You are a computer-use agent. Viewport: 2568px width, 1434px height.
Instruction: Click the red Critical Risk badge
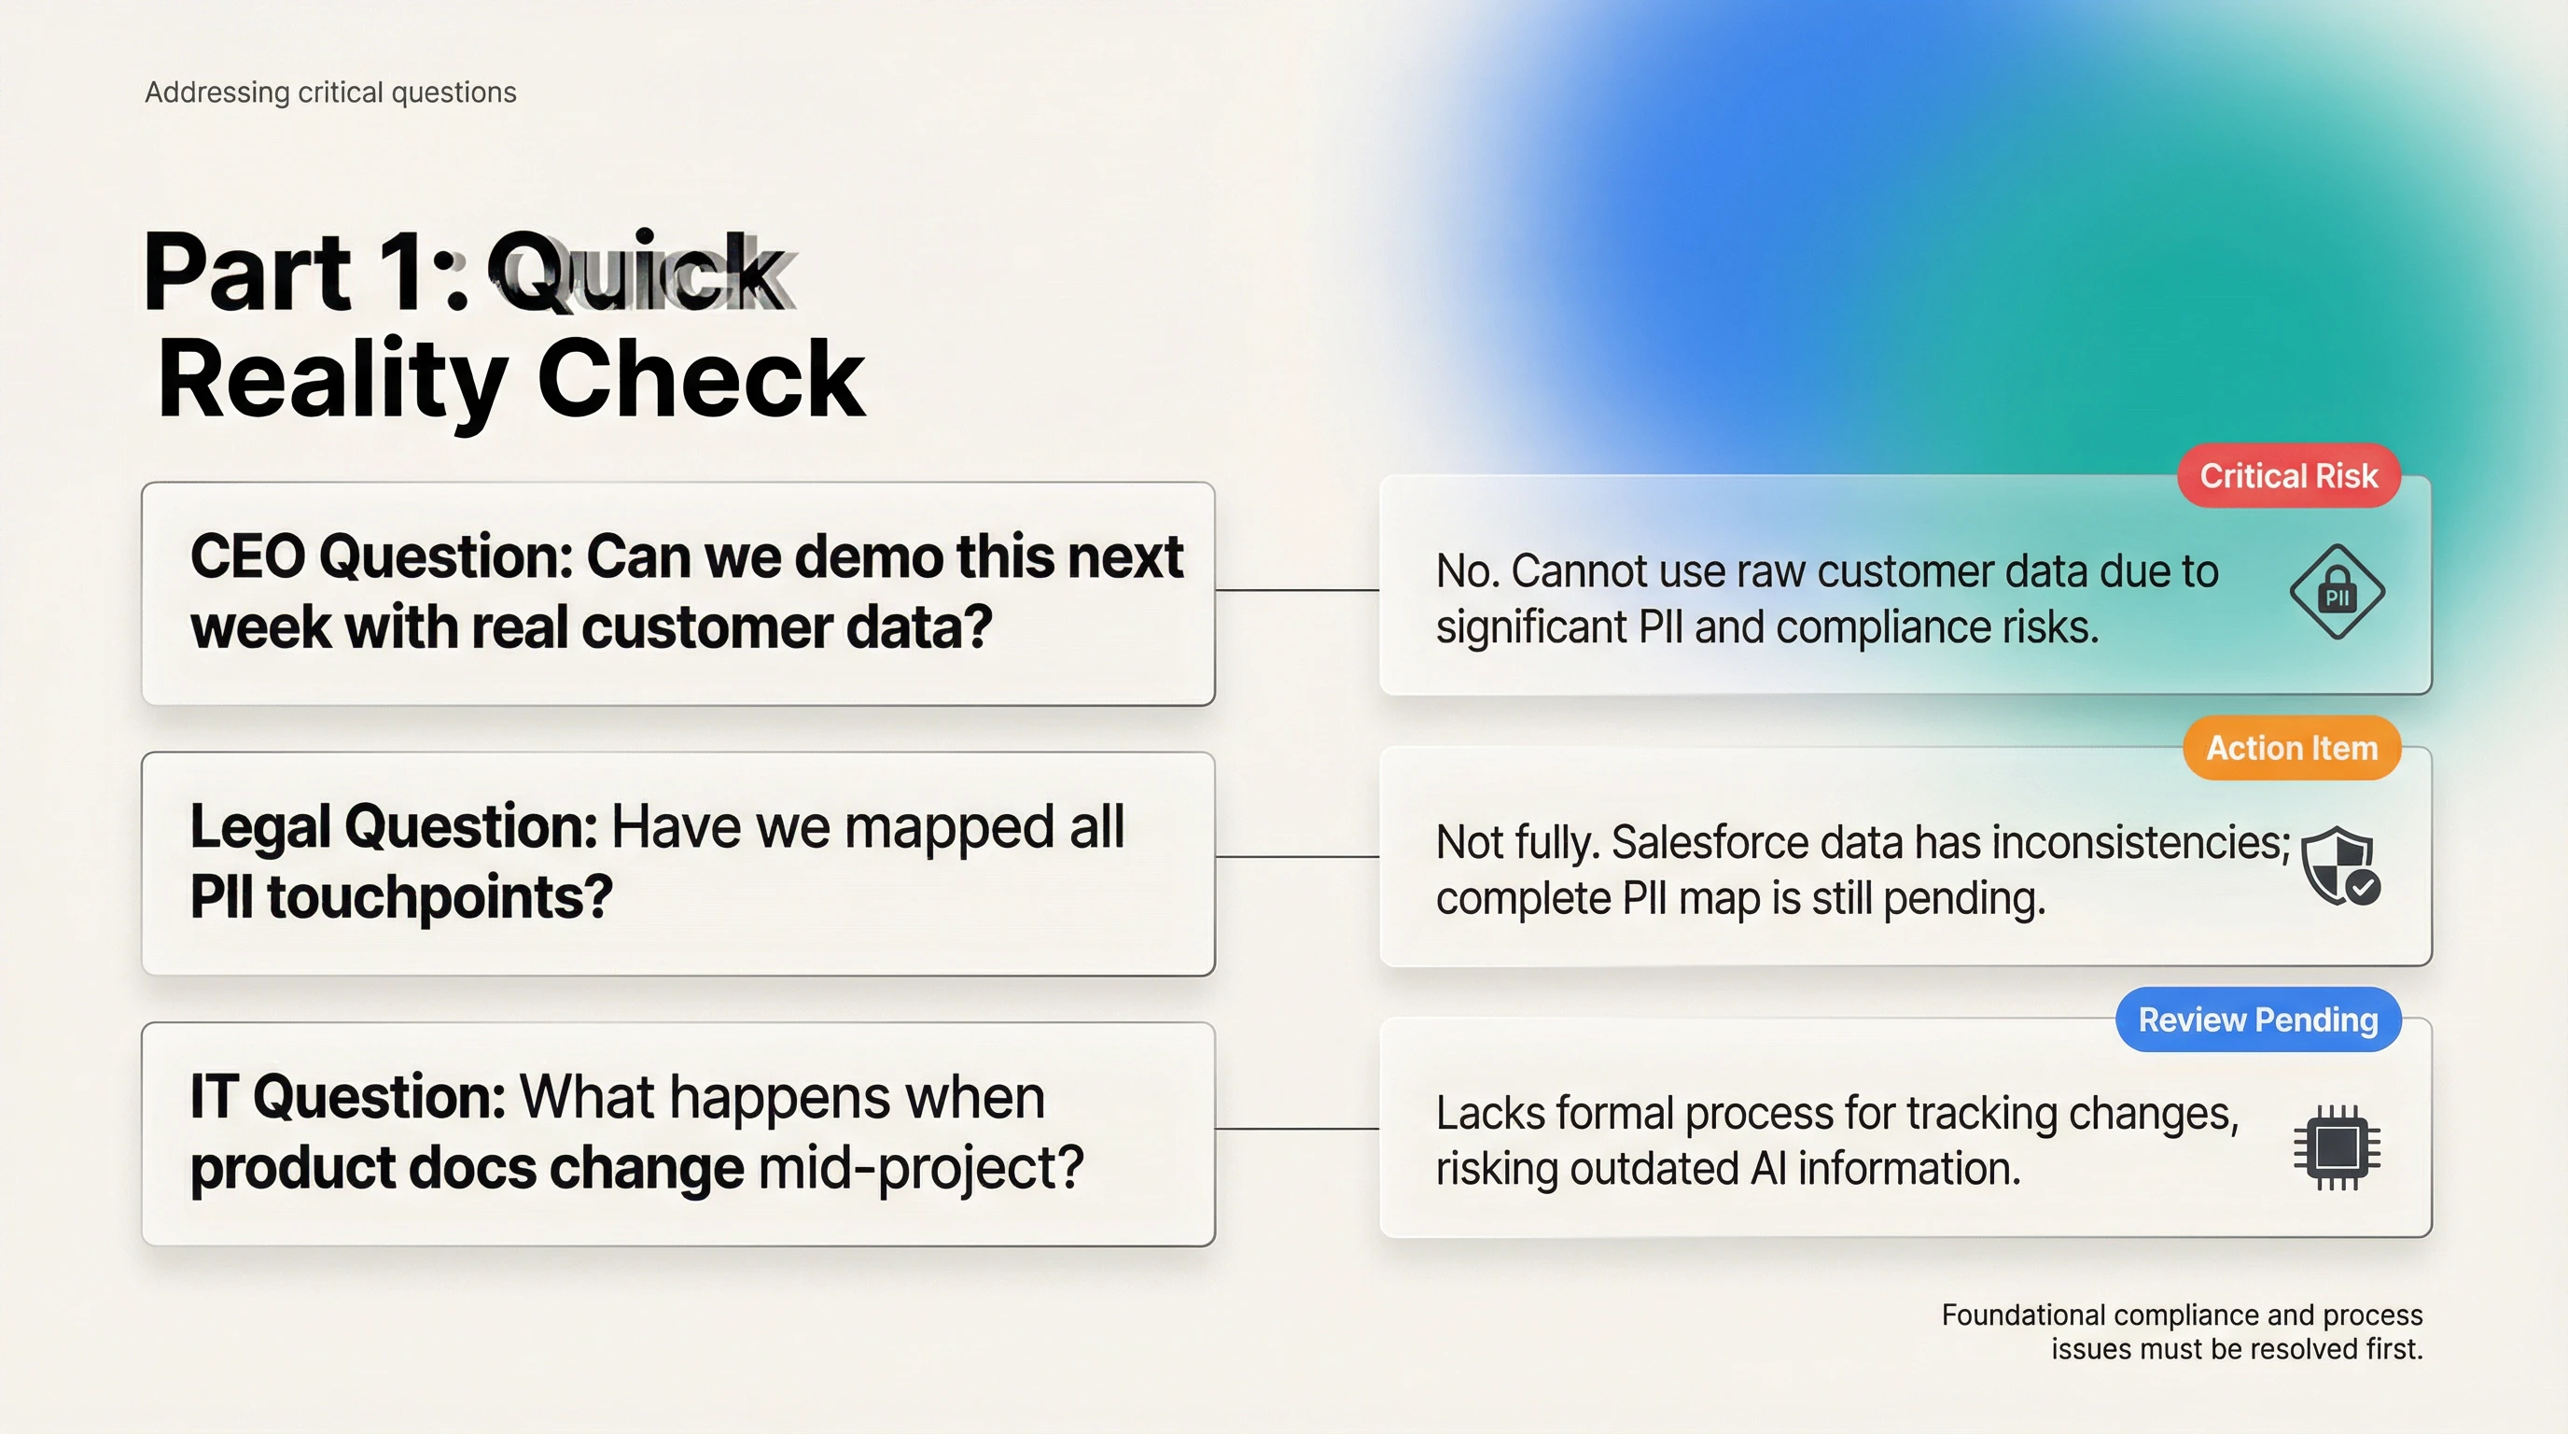pyautogui.click(x=2289, y=476)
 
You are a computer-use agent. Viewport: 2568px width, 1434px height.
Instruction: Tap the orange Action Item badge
pyautogui.click(x=2292, y=748)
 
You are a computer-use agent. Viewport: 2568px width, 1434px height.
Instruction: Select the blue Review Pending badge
pyautogui.click(x=2258, y=1019)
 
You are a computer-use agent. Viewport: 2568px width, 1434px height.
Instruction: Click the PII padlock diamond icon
pyautogui.click(x=2337, y=591)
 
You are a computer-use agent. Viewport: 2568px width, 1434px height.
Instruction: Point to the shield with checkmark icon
pyautogui.click(x=2340, y=866)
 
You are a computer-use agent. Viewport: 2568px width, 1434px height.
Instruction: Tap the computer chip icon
pyautogui.click(x=2337, y=1146)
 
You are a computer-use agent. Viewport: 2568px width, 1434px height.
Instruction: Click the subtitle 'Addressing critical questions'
pyautogui.click(x=331, y=92)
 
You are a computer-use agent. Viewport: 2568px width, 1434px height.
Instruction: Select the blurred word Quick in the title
pyautogui.click(x=640, y=272)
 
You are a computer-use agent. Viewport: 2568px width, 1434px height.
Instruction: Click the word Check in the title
pyautogui.click(x=701, y=380)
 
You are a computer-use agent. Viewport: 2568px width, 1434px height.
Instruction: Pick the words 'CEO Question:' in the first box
pyautogui.click(x=382, y=556)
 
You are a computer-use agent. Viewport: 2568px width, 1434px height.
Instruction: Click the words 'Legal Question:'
pyautogui.click(x=394, y=828)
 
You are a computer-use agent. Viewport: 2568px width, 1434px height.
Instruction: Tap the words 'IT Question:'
pyautogui.click(x=349, y=1098)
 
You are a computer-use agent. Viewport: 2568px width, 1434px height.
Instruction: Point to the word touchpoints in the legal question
pyautogui.click(x=440, y=897)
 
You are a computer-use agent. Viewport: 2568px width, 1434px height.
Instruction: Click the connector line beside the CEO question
pyautogui.click(x=1297, y=590)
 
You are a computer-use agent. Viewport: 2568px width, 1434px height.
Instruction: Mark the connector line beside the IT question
pyautogui.click(x=1297, y=1129)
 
